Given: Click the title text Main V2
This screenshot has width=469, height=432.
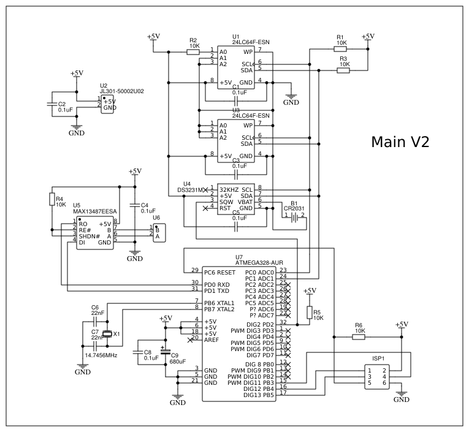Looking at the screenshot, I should [400, 142].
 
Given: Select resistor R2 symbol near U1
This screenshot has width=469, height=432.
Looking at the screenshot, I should [193, 52].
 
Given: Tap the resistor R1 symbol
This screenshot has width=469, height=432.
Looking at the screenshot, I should [340, 50].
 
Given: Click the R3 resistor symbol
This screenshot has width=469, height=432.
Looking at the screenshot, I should [343, 70].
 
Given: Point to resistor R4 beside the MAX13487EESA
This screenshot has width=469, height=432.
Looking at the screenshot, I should [52, 200].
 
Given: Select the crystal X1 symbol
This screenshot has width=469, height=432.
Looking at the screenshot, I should [108, 334].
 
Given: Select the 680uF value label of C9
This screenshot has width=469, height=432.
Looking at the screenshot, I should [178, 362].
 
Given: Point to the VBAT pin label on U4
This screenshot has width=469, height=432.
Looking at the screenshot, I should [245, 201].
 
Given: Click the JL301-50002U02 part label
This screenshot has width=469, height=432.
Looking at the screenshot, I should [122, 91].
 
